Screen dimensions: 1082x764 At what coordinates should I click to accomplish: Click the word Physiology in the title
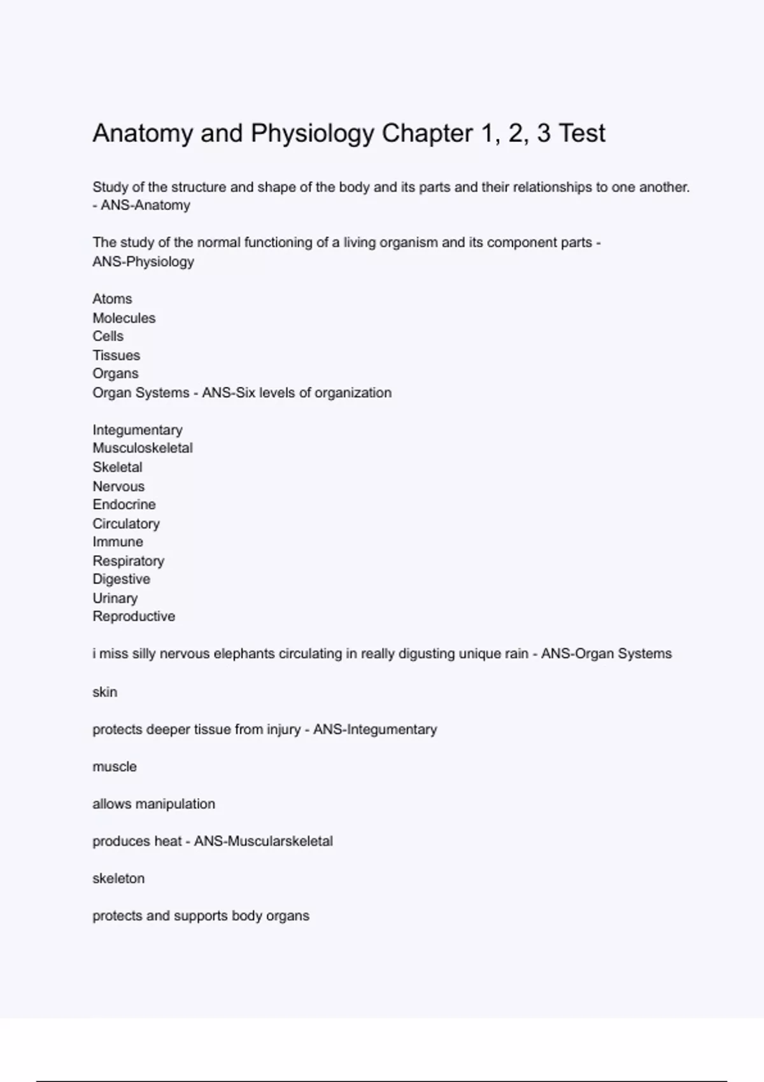click(312, 134)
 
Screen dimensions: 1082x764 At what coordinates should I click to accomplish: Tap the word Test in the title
click(582, 134)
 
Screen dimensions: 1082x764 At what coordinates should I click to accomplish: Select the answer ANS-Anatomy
click(145, 206)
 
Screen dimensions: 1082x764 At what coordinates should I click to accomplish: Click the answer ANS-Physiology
click(143, 262)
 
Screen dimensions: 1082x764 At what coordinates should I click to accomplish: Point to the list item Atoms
click(112, 299)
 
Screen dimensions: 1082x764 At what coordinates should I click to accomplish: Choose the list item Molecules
click(124, 318)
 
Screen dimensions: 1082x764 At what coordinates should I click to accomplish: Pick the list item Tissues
click(116, 355)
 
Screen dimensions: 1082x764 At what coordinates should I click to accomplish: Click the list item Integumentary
click(138, 430)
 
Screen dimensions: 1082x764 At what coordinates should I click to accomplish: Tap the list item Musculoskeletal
click(143, 448)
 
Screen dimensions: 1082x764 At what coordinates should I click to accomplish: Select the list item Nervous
click(118, 486)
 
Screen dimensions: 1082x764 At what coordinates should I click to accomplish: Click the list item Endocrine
click(124, 505)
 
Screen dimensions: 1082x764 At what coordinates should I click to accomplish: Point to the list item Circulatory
click(126, 524)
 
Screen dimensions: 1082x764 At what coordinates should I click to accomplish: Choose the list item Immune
click(118, 542)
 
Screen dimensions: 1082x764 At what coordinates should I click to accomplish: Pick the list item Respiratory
click(128, 561)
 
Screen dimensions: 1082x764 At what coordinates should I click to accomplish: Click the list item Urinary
click(115, 598)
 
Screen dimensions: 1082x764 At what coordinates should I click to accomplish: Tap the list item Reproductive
click(134, 617)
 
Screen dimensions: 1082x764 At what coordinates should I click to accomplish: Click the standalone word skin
click(104, 692)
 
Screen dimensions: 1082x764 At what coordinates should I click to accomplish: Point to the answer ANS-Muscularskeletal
click(263, 841)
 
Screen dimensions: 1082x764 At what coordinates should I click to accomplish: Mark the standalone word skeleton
click(118, 879)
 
